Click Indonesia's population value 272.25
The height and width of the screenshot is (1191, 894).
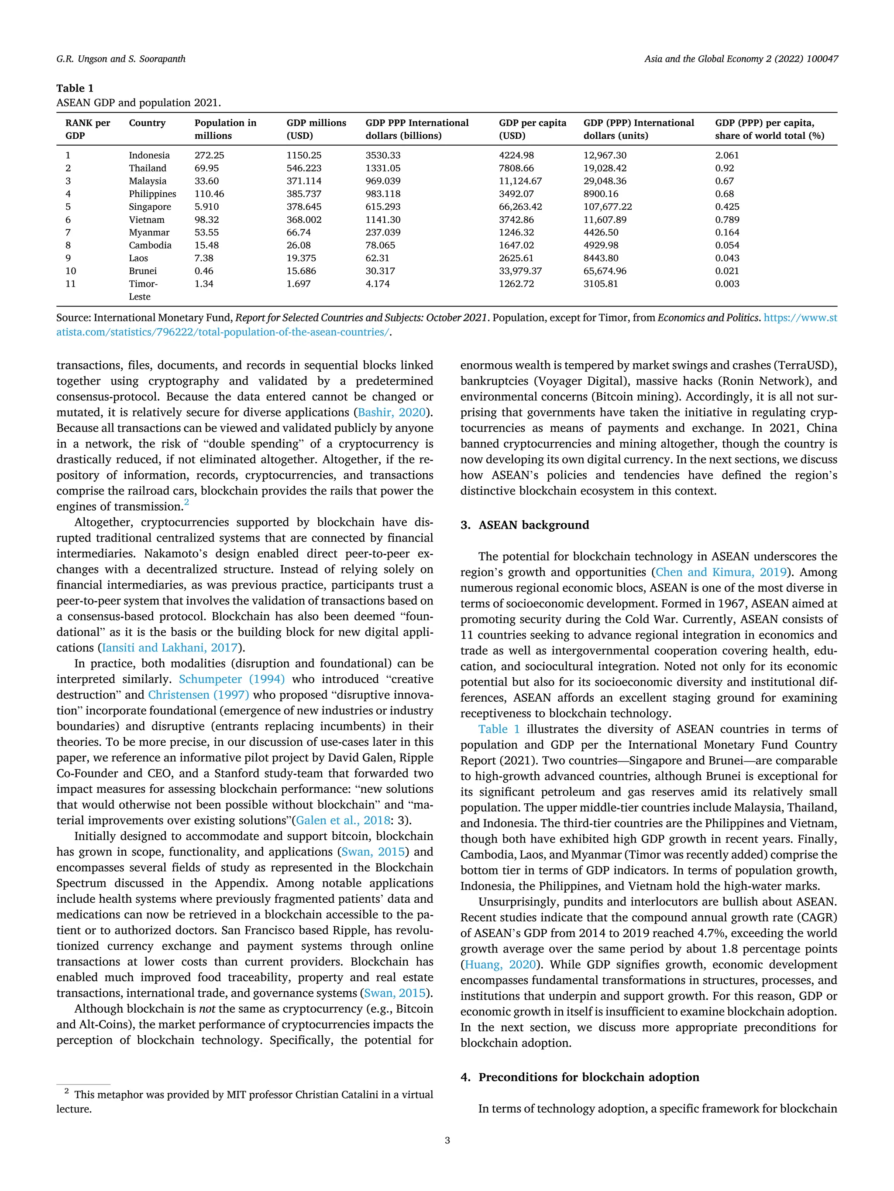pos(209,155)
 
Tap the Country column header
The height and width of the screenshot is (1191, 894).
pos(147,123)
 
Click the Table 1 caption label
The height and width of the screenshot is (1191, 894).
pos(75,88)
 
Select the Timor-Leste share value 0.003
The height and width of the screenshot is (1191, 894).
pos(727,284)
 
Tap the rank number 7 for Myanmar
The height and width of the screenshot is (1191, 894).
pos(68,232)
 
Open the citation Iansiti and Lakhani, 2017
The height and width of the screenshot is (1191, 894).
pos(170,648)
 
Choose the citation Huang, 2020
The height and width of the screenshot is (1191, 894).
pos(501,964)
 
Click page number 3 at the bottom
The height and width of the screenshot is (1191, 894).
pos(447,1140)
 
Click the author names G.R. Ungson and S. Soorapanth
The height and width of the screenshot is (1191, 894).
pos(121,59)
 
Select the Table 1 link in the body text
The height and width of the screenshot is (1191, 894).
pos(499,729)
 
